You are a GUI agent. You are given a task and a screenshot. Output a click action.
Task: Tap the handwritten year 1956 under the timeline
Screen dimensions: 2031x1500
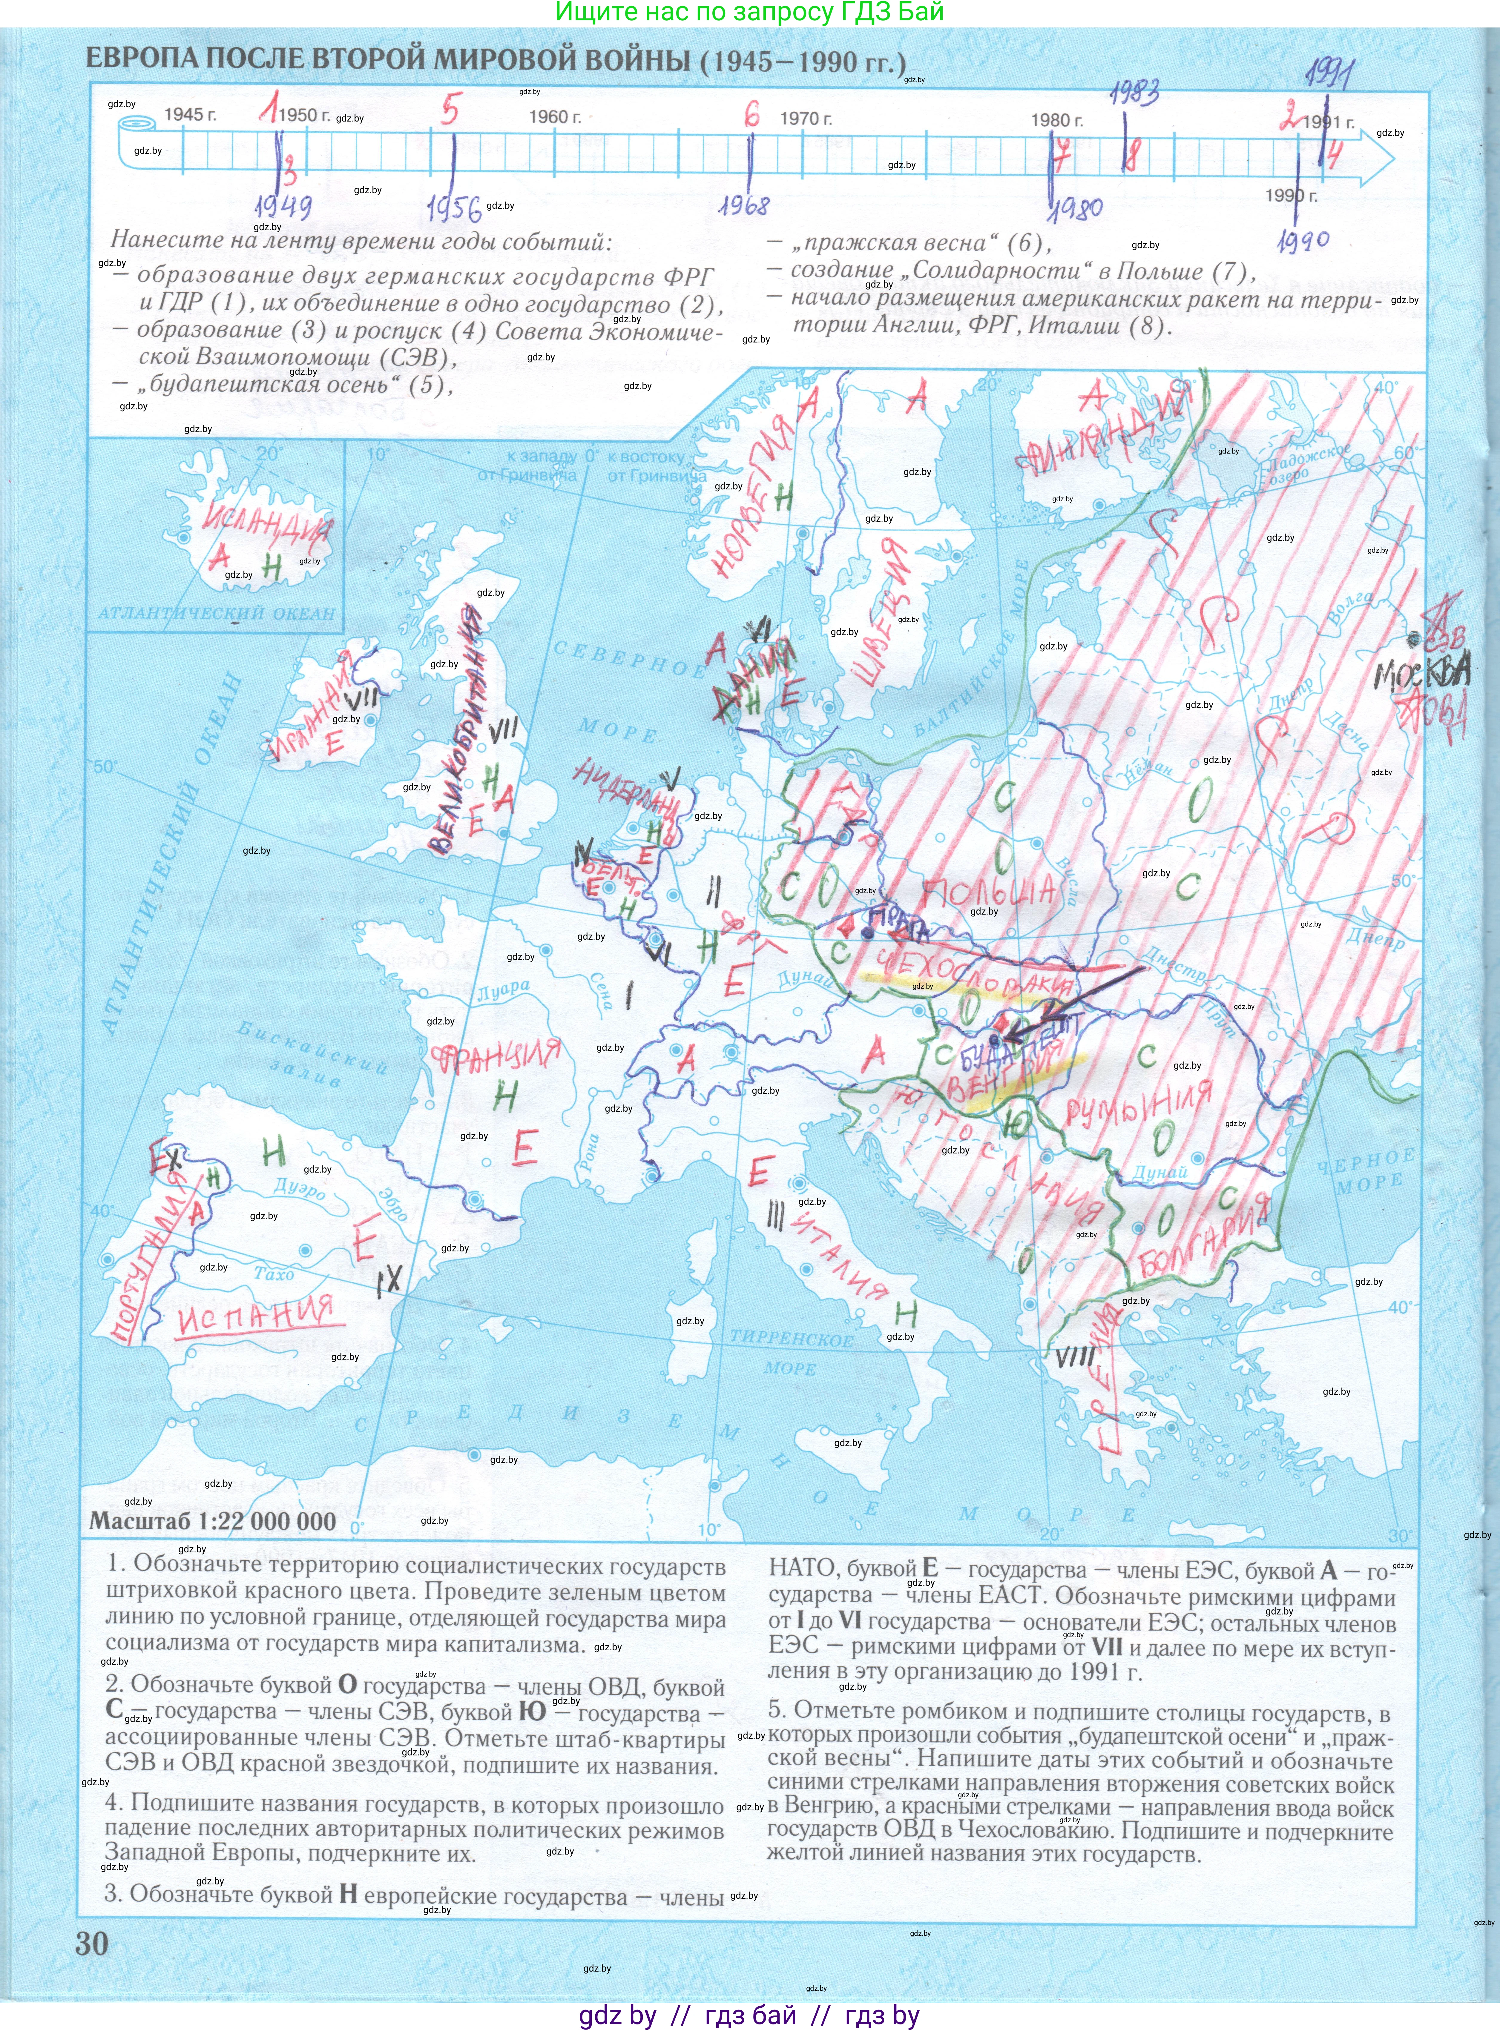click(454, 209)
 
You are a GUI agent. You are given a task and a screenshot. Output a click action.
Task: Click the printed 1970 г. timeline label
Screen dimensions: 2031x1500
click(805, 119)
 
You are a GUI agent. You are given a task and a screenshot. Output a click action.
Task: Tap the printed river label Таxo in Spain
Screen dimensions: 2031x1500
click(273, 1274)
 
